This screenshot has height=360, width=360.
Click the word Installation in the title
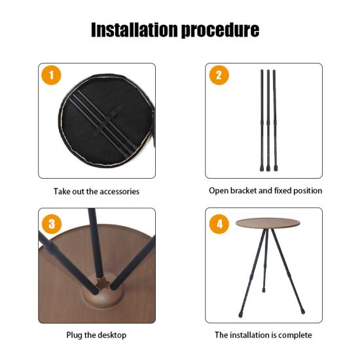134,30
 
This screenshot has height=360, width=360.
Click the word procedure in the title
221,31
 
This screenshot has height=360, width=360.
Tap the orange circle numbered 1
51,75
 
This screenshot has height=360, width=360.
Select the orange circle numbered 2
219,75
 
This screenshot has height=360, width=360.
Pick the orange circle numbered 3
52,224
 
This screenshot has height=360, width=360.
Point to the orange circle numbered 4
219,224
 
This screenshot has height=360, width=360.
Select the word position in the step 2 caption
308,191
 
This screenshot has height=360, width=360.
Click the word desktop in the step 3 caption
111,335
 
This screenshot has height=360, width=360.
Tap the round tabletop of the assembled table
268,223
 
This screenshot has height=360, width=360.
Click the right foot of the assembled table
303,312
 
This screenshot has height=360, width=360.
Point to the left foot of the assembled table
240,314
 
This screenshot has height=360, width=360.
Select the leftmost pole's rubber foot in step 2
262,169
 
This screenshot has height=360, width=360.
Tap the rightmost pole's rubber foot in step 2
276,169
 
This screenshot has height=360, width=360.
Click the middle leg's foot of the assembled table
264,290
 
